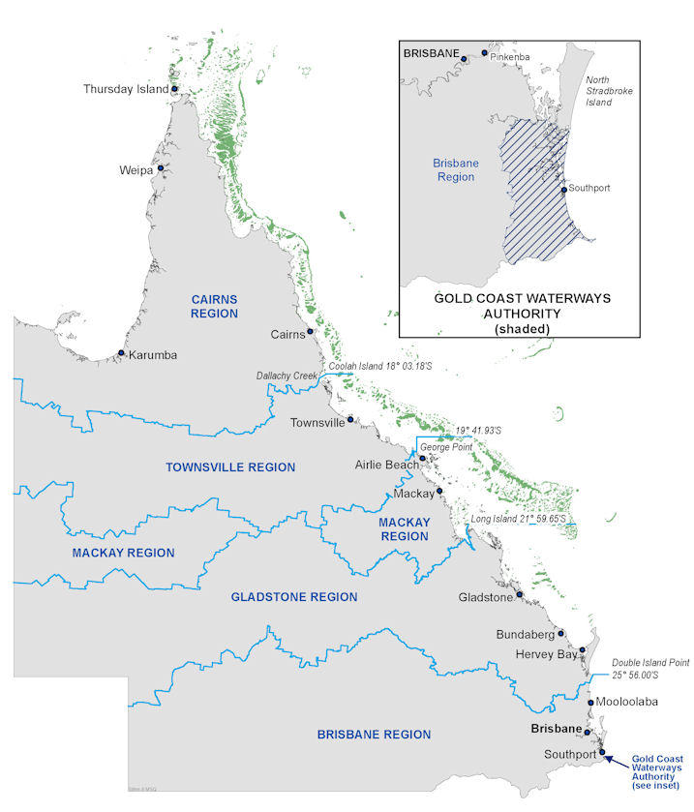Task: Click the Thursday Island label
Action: pos(126,89)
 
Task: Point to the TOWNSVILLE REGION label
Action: pos(230,466)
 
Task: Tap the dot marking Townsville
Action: pos(351,421)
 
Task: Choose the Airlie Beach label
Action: pos(385,465)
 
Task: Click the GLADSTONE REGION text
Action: pos(294,597)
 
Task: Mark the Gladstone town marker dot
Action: pos(520,594)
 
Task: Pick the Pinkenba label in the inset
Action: pos(511,59)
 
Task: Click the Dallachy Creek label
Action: pos(287,376)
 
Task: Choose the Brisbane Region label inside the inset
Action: pos(454,170)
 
